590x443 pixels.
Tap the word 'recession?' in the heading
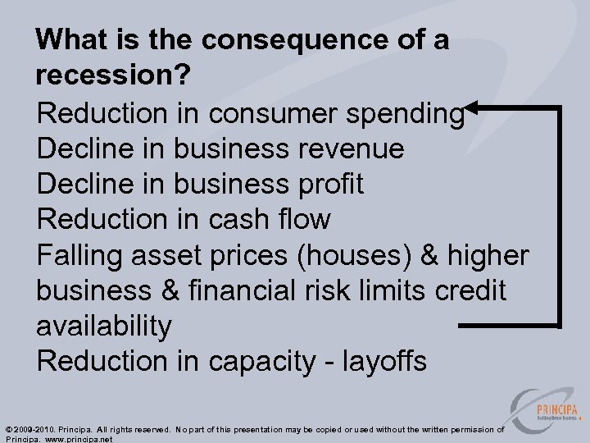tap(114, 75)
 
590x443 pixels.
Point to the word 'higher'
tap(488, 255)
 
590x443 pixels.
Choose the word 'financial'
tap(259, 290)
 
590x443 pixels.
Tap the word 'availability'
tap(104, 326)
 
